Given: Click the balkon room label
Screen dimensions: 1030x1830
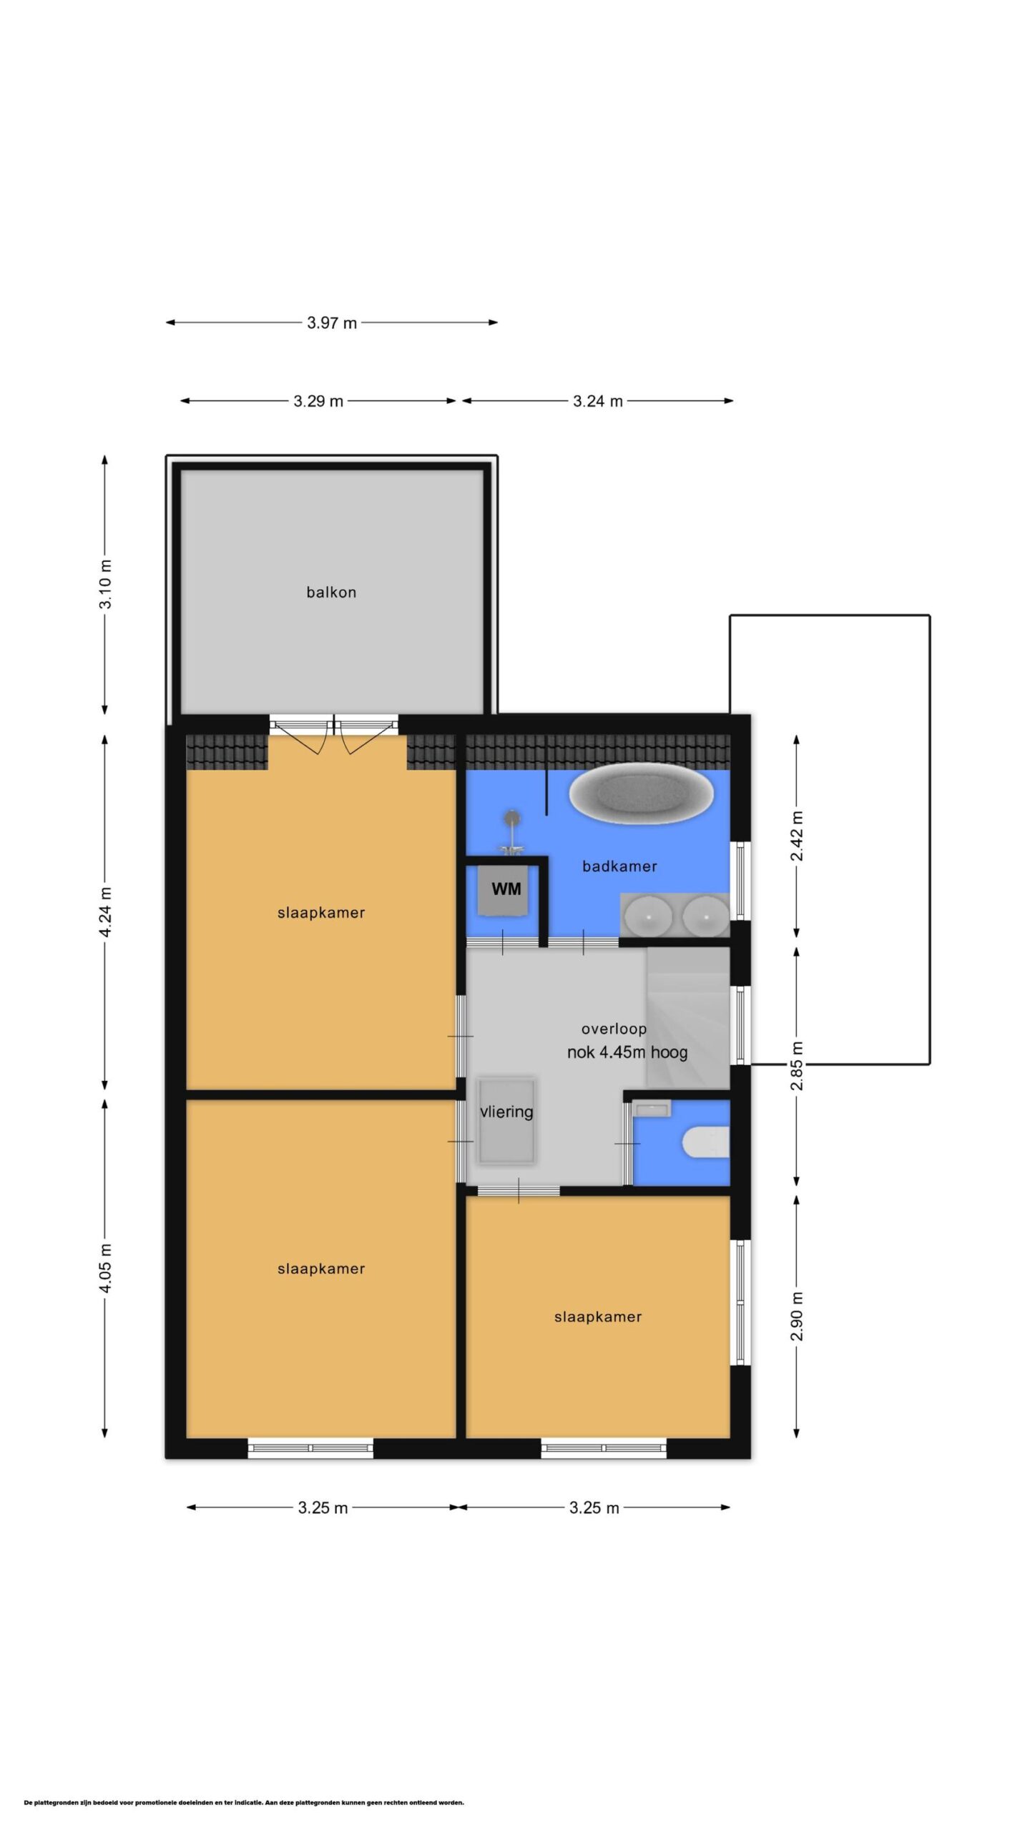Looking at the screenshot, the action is click(331, 592).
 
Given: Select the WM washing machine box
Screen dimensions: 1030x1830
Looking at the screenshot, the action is click(506, 890).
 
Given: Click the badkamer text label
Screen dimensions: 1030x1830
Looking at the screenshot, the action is click(619, 866).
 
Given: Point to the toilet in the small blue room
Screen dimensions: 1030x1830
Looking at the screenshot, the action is click(706, 1142).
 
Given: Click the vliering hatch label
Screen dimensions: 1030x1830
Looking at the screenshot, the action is click(506, 1112).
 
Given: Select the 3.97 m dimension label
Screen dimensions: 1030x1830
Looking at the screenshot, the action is click(332, 322).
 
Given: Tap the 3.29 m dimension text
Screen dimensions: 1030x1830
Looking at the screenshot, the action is click(318, 401).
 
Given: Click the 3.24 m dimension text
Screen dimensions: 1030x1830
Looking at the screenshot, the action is click(598, 401).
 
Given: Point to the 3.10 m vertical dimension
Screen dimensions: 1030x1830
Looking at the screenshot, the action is click(105, 584).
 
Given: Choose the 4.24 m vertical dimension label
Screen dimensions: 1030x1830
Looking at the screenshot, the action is click(105, 911).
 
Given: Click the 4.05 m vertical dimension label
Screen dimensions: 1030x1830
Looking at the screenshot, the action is click(105, 1267).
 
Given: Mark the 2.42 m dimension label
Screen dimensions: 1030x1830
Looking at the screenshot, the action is click(797, 836).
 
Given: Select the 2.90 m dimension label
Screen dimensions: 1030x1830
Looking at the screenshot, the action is click(797, 1316).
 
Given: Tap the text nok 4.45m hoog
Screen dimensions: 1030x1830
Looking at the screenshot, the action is click(627, 1052).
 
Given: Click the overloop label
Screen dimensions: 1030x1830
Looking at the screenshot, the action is click(614, 1029).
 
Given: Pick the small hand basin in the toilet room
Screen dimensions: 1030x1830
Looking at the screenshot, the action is click(652, 1109).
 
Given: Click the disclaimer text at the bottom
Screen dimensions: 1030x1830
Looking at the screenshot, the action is click(244, 1802).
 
